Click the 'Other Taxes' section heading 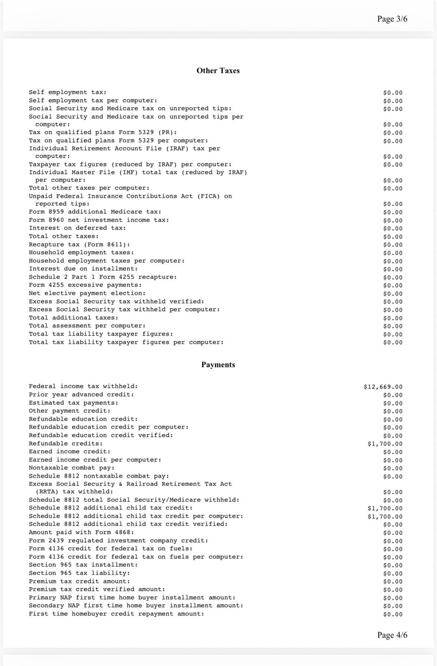218,70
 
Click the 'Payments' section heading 218,365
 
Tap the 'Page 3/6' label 392,19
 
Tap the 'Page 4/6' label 392,635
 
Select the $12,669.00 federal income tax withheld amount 383,387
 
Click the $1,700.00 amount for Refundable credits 385,444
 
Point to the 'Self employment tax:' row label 68,92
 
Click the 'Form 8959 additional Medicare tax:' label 95,212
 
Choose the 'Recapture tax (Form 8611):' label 79,245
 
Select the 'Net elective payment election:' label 87,293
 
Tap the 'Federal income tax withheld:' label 83,386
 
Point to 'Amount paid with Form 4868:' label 81,532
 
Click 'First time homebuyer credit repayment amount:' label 117,614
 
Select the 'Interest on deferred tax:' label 77,228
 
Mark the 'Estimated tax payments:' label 74,403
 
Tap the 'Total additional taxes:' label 74,318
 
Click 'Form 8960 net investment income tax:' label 99,220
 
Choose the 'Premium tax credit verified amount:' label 97,589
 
